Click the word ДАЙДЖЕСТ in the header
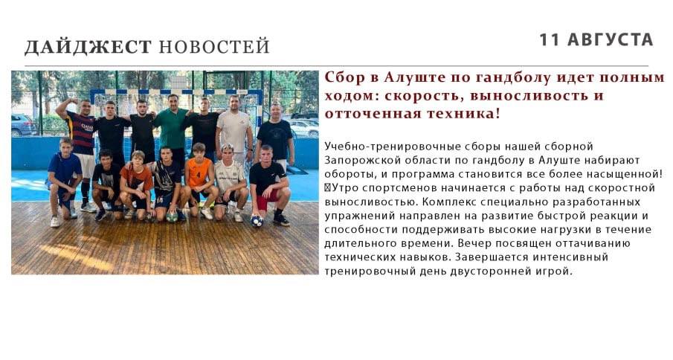point(88,47)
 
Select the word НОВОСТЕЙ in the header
point(214,46)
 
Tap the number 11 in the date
point(549,39)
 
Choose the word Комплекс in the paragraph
point(449,202)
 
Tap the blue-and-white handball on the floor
point(257,221)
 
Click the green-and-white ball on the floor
point(172,216)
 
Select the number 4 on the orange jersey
point(199,175)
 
